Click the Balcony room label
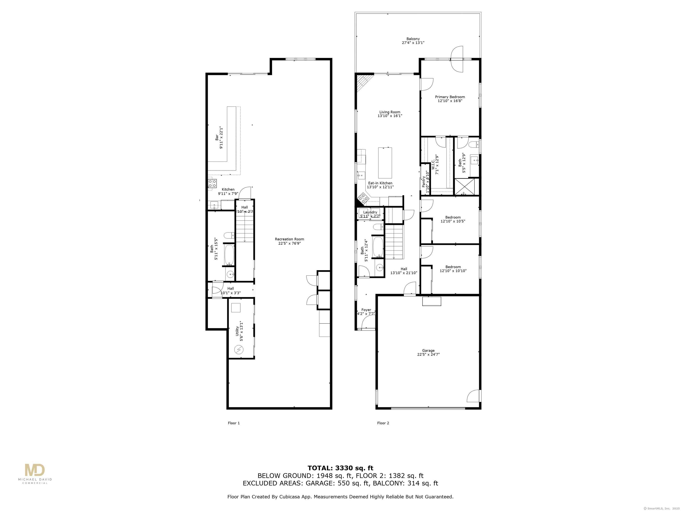tap(413, 41)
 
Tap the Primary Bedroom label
tap(450, 98)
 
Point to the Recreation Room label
tap(289, 241)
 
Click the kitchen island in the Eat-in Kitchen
tap(385, 163)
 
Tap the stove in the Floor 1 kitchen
tap(212, 184)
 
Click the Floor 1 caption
tap(234, 423)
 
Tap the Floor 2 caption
tap(383, 423)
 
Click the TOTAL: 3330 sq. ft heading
tap(340, 468)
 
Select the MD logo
tap(35, 470)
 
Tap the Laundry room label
tap(370, 214)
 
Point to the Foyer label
tap(366, 311)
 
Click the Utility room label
tap(239, 331)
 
